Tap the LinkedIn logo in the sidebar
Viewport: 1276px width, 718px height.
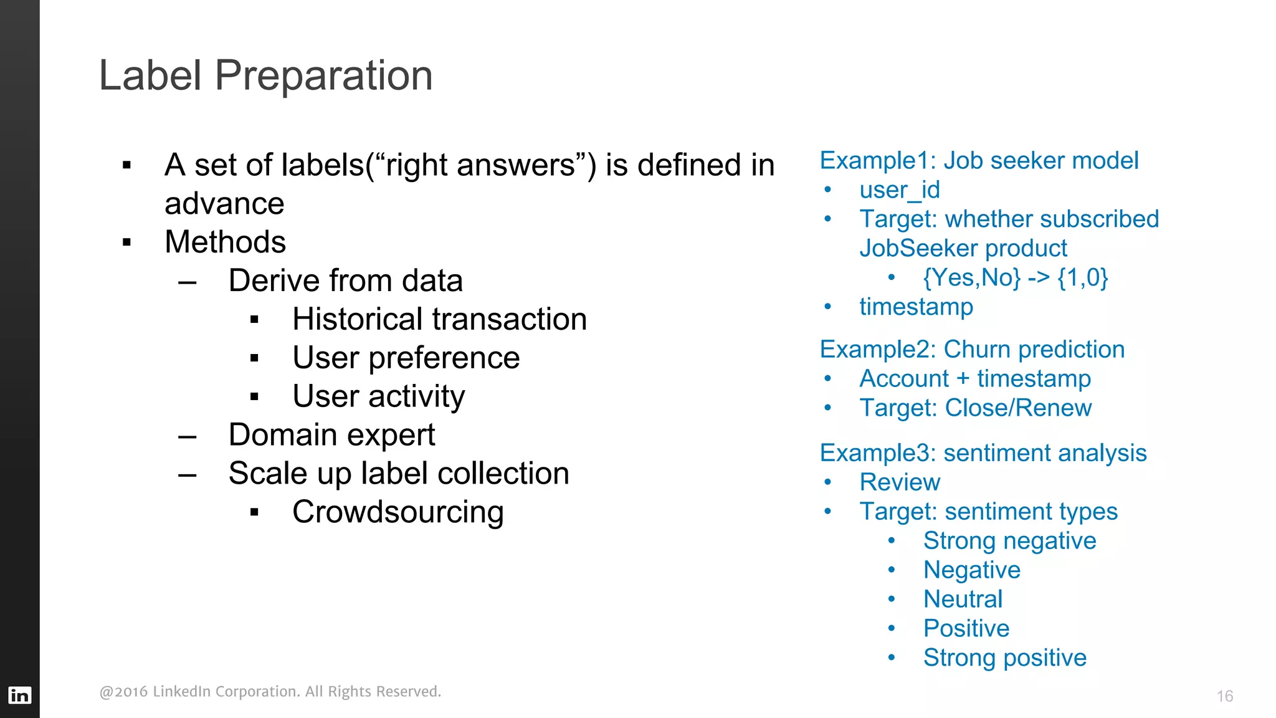(x=19, y=695)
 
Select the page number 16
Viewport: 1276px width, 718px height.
(x=1224, y=696)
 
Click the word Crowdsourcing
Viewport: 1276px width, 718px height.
(x=398, y=512)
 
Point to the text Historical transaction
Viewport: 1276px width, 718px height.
(x=439, y=320)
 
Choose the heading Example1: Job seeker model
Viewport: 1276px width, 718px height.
(x=979, y=161)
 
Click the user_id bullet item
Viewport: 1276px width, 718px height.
(x=899, y=190)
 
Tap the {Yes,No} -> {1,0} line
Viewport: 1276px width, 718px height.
(x=1015, y=278)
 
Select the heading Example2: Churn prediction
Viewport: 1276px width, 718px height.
(x=972, y=350)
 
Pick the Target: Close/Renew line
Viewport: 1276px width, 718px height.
(x=975, y=408)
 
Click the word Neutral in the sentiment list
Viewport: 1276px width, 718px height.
(x=963, y=600)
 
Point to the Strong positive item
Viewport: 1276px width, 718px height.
(x=1004, y=658)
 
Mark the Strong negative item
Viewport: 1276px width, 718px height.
(x=1009, y=541)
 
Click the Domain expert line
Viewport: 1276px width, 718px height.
(x=331, y=435)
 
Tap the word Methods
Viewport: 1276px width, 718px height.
(x=225, y=242)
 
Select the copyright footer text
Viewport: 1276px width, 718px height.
(x=270, y=692)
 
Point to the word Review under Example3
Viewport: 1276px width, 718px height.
(x=899, y=482)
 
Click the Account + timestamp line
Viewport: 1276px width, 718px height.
(x=974, y=379)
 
